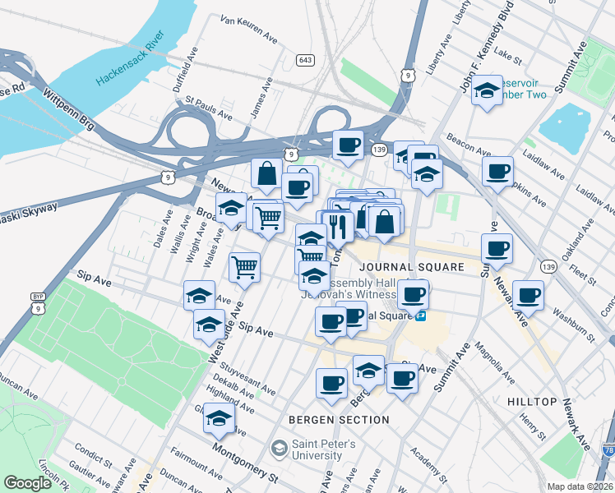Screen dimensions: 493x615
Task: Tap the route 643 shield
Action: point(305,60)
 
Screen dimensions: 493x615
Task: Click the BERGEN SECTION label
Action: point(338,420)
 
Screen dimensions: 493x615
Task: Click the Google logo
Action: point(28,482)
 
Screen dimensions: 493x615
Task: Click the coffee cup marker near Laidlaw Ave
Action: point(497,172)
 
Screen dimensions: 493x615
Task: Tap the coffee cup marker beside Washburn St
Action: point(527,295)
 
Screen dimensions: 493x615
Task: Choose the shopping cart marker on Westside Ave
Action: point(244,266)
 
